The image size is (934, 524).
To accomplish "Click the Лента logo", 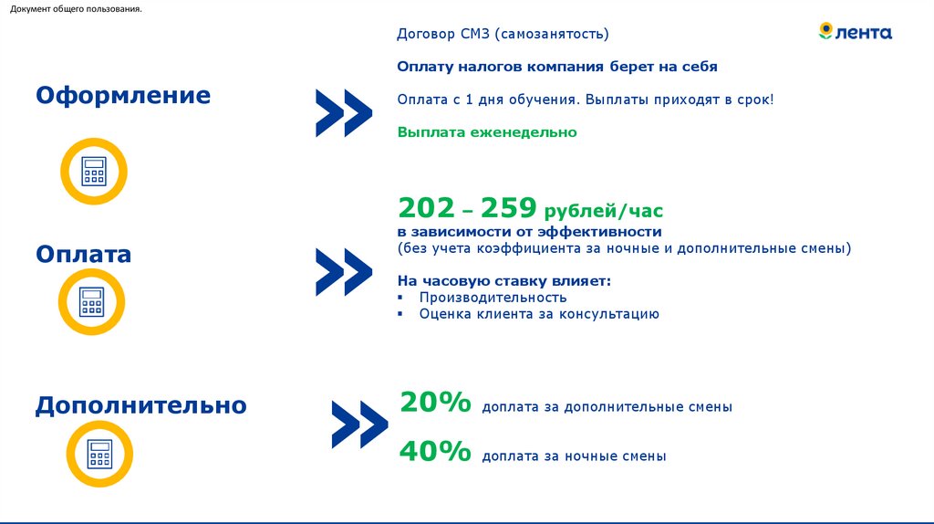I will [x=856, y=33].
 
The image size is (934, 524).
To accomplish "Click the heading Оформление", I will [x=123, y=96].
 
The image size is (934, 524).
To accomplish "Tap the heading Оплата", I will [x=84, y=254].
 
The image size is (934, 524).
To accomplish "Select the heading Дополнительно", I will [x=141, y=404].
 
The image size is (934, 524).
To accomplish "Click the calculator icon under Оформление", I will [x=93, y=171].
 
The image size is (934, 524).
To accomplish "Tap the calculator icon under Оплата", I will [x=92, y=301].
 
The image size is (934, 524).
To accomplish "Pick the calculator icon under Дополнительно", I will [x=99, y=454].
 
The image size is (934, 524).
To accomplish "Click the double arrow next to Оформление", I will [x=344, y=113].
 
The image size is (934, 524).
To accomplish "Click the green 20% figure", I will [x=435, y=403].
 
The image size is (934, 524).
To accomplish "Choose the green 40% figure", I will [x=435, y=452].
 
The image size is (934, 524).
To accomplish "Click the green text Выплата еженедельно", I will [x=487, y=132].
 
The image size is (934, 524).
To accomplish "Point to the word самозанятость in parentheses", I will [x=552, y=35].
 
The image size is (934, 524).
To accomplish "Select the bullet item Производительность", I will [x=493, y=298].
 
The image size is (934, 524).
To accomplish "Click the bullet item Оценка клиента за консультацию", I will [x=538, y=314].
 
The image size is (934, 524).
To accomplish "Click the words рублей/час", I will [x=604, y=212].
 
